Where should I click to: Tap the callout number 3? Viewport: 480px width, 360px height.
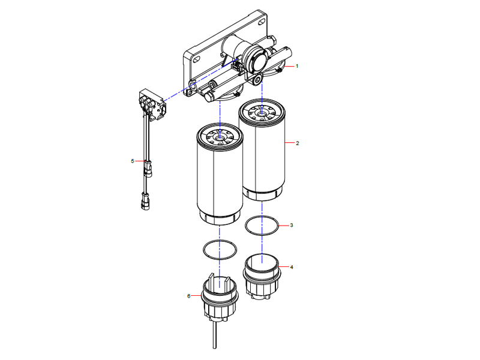291,226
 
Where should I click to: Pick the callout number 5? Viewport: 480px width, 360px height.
133,161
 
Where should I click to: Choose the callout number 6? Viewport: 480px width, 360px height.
189,296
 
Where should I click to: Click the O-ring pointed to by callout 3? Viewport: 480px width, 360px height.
263,226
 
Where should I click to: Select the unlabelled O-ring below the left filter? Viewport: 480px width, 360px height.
220,250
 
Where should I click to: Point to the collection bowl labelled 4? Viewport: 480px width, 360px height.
262,277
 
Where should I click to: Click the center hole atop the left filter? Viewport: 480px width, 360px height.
220,137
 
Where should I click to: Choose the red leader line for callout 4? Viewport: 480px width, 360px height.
284,266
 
